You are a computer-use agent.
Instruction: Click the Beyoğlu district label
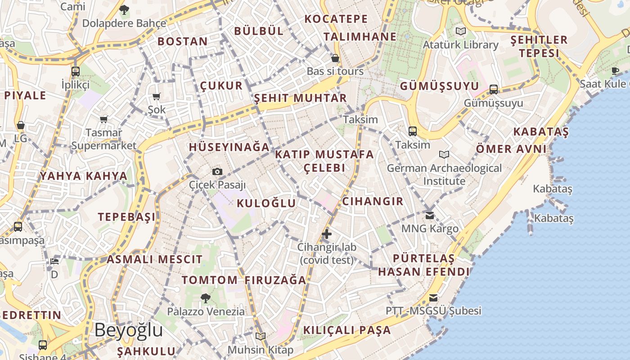click(128, 330)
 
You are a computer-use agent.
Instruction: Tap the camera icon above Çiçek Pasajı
click(217, 171)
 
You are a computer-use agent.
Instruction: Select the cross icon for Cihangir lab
click(327, 234)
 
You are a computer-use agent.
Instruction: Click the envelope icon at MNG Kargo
click(430, 215)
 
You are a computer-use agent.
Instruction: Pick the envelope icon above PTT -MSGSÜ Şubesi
click(433, 297)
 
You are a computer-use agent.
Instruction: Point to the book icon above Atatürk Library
click(460, 31)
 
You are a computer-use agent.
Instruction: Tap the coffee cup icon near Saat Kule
click(615, 70)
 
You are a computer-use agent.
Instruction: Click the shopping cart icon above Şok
click(157, 96)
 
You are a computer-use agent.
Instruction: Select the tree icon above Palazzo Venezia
click(206, 297)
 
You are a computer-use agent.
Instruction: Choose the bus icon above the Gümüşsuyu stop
click(494, 89)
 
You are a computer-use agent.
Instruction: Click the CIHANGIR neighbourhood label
click(373, 201)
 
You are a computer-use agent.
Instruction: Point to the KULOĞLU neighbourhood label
click(266, 203)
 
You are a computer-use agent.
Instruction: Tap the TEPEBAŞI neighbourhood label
click(127, 217)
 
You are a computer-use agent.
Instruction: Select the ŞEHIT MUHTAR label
click(301, 98)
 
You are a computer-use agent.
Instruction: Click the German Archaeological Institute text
click(444, 175)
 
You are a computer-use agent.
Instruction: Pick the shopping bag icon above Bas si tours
click(335, 58)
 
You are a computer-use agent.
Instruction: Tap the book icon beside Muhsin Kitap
click(261, 336)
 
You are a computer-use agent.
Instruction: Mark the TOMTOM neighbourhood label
click(210, 280)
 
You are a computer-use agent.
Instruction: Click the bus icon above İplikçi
click(76, 71)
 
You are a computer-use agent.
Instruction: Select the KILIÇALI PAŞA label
click(347, 330)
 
